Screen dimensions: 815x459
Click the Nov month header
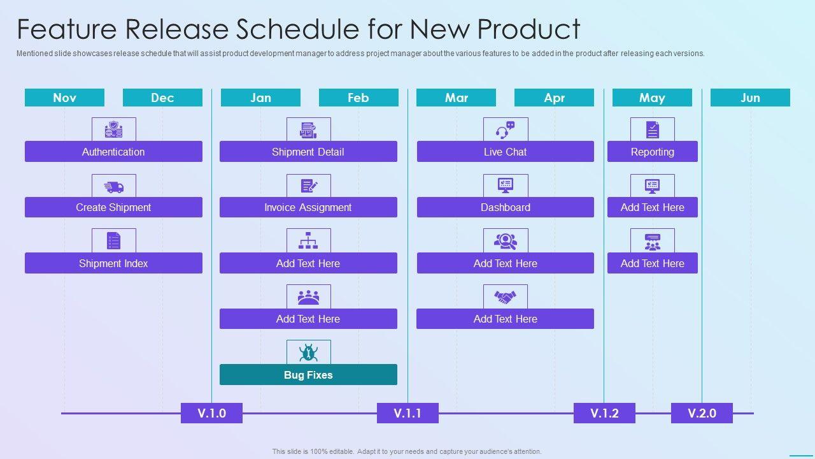[x=64, y=98]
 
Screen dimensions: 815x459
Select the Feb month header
[x=358, y=98]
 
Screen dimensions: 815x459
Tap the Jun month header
[x=750, y=98]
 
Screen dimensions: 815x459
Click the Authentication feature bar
[x=113, y=152]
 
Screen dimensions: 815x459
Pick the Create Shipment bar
[x=113, y=207]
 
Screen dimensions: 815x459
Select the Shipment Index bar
[x=113, y=263]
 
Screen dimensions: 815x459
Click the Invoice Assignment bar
[x=308, y=207]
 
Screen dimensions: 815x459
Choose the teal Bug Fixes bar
[x=308, y=374]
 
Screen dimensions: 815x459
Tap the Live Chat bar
[x=506, y=152]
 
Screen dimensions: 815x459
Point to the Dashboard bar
[x=506, y=207]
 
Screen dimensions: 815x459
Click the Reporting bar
[x=653, y=152]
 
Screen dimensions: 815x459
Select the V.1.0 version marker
[x=212, y=413]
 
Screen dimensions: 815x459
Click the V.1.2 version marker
[x=604, y=413]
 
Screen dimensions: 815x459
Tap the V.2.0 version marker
[x=702, y=413]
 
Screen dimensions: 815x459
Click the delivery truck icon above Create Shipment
[x=114, y=187]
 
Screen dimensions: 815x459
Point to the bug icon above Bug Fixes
[x=309, y=353]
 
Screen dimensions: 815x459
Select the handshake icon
[x=506, y=297]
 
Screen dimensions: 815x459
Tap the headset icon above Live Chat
[x=506, y=130]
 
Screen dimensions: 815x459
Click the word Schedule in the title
[x=297, y=29]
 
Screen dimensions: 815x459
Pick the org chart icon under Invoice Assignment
[x=309, y=240]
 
